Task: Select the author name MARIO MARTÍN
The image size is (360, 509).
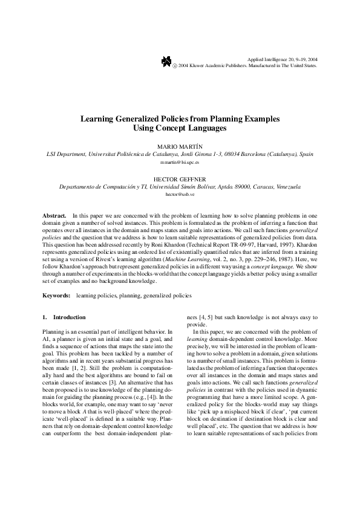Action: [x=179, y=147]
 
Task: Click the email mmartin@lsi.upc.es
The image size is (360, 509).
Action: [x=180, y=163]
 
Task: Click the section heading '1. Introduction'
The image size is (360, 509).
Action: [x=64, y=317]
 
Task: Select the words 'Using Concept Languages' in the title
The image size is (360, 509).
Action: [x=180, y=129]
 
